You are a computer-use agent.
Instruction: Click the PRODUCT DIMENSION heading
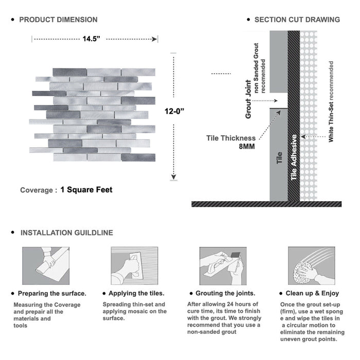pyautogui.click(x=58, y=20)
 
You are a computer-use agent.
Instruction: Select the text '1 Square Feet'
pyautogui.click(x=86, y=190)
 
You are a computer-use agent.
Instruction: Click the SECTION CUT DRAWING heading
pyautogui.click(x=297, y=20)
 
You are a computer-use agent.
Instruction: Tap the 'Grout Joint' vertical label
pyautogui.click(x=248, y=99)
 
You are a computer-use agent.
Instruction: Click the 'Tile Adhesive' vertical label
pyautogui.click(x=294, y=157)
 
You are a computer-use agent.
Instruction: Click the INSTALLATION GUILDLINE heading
pyautogui.click(x=66, y=232)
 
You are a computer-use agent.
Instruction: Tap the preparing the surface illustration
pyautogui.click(x=45, y=265)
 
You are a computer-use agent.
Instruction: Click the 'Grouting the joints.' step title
pyautogui.click(x=225, y=294)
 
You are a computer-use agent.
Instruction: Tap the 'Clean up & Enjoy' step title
pyautogui.click(x=313, y=294)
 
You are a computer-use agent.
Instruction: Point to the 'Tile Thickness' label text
pyautogui.click(x=231, y=138)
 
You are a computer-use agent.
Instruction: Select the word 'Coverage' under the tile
pyautogui.click(x=36, y=190)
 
